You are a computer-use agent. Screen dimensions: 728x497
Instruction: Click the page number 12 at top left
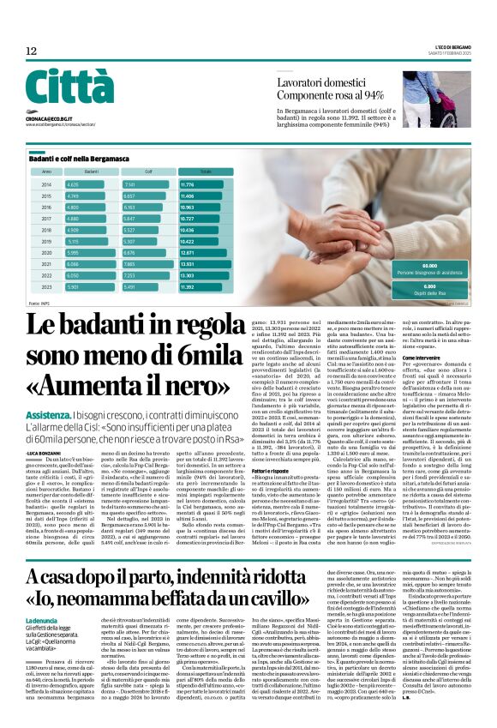tap(32, 51)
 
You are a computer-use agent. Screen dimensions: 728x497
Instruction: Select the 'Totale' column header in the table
tap(206, 171)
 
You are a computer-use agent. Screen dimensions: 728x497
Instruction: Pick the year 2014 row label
tap(46, 184)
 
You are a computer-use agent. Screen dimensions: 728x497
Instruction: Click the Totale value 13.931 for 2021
tap(188, 265)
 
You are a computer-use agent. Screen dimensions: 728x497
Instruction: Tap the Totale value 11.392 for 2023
tap(188, 287)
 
